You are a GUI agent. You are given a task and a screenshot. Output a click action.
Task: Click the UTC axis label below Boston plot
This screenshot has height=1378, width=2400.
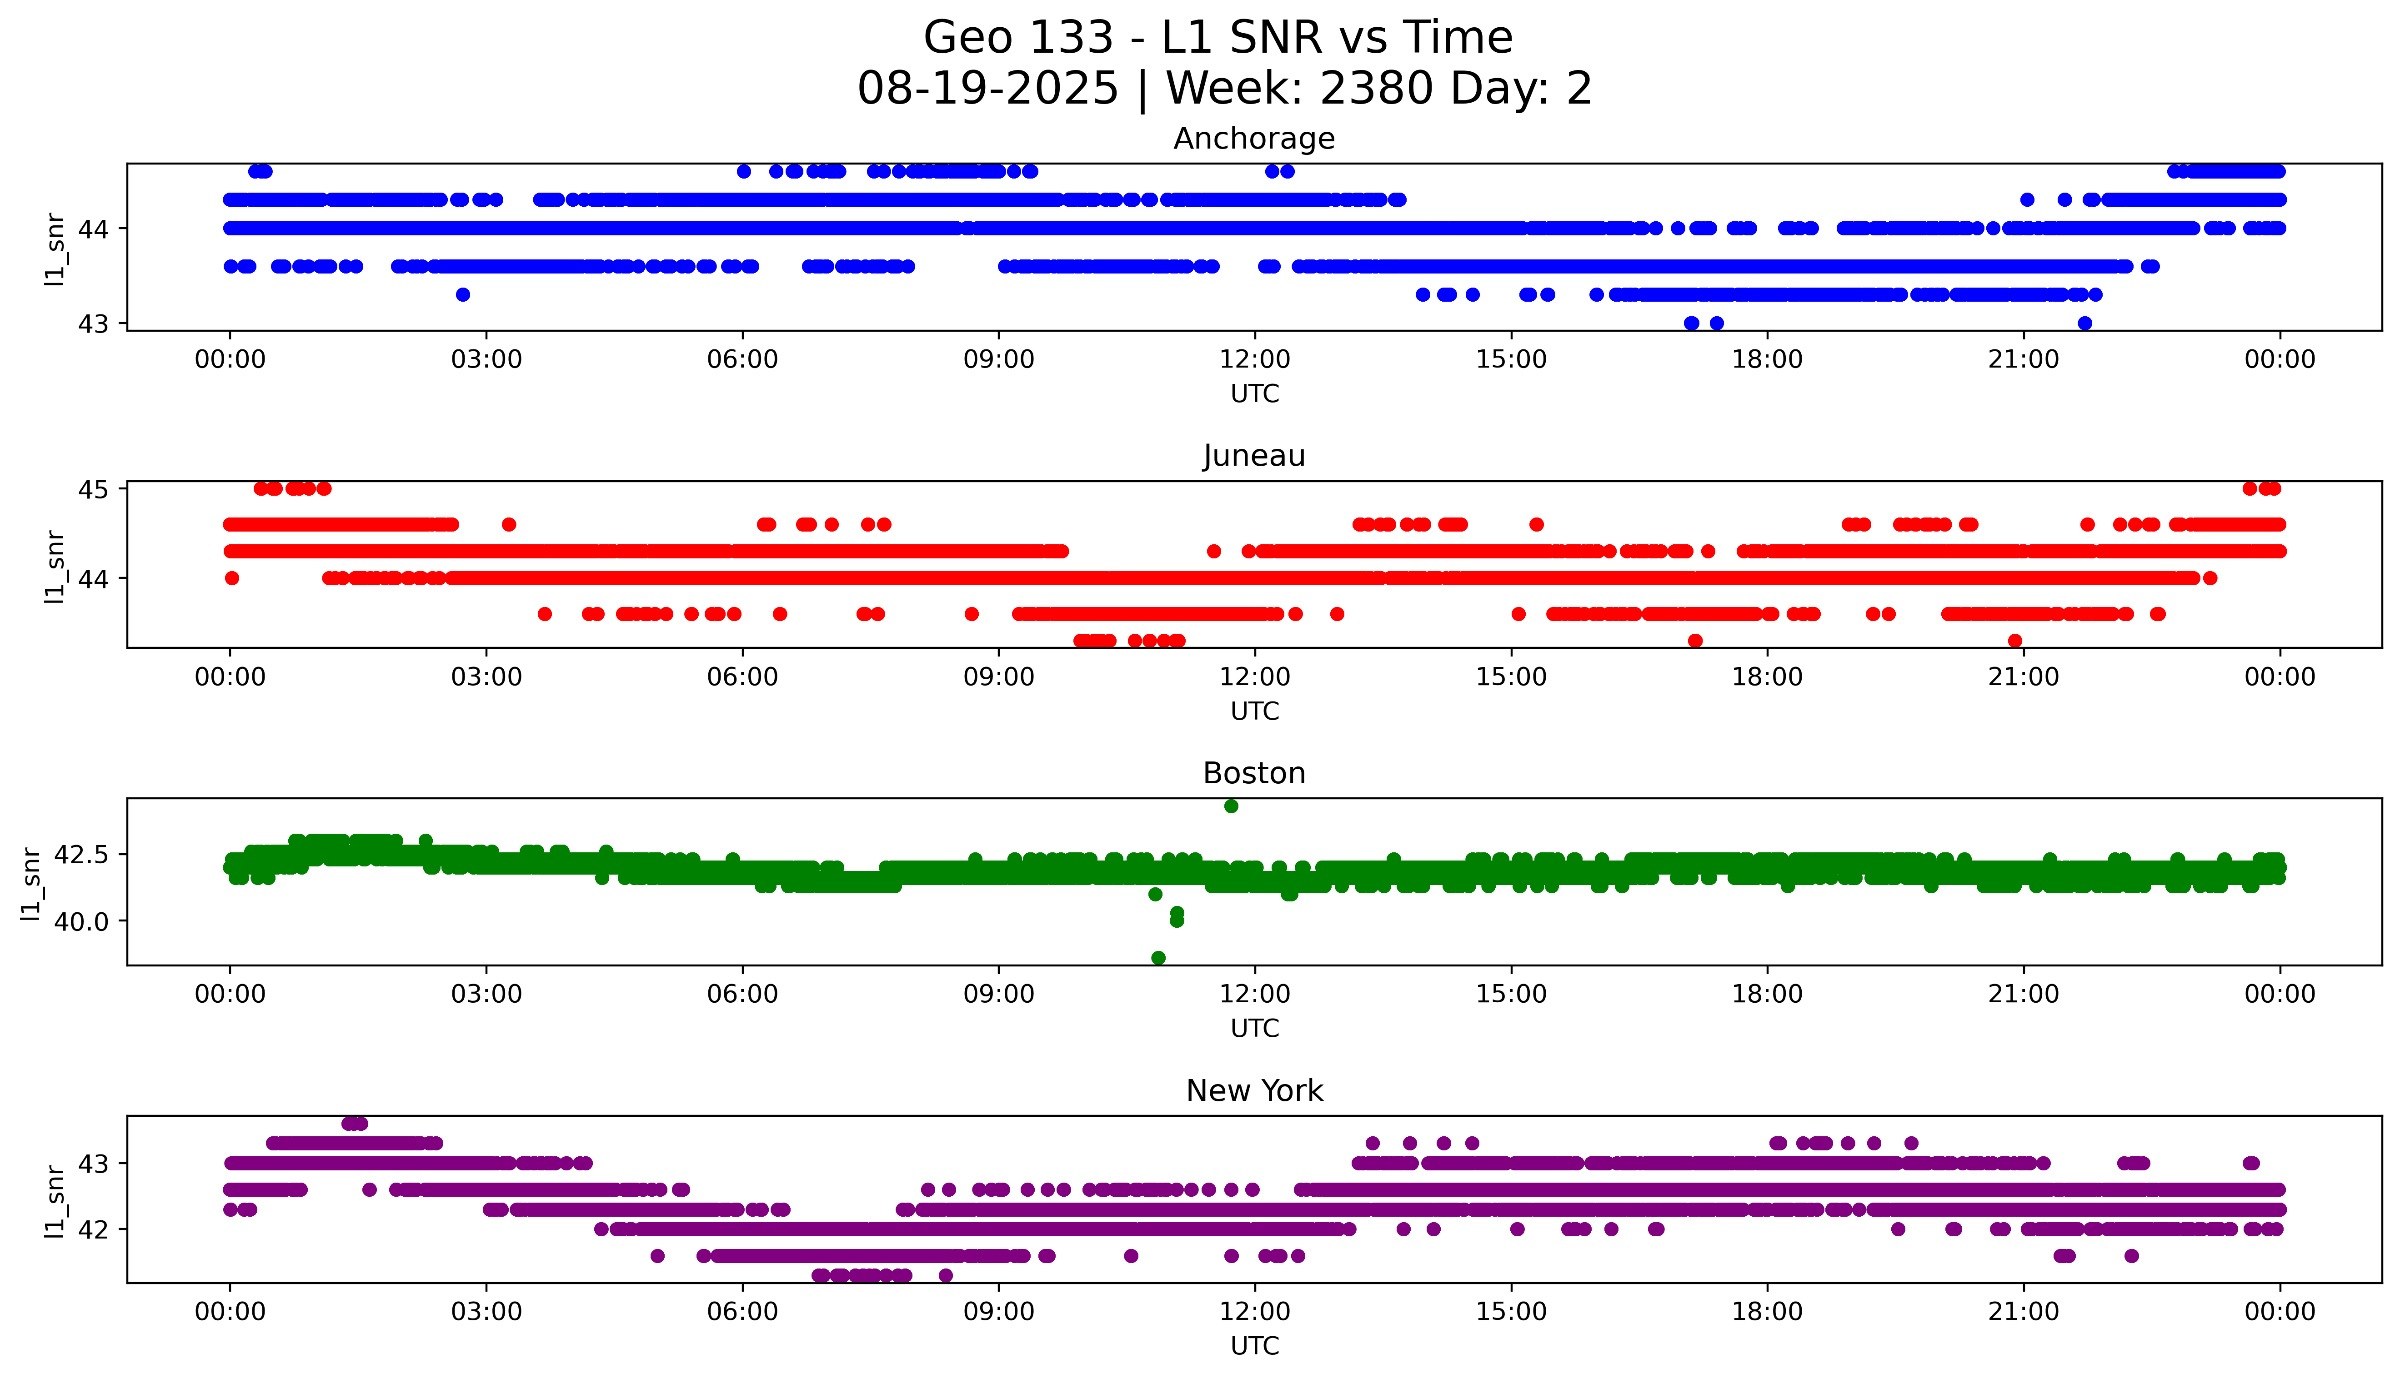pos(1254,1028)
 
